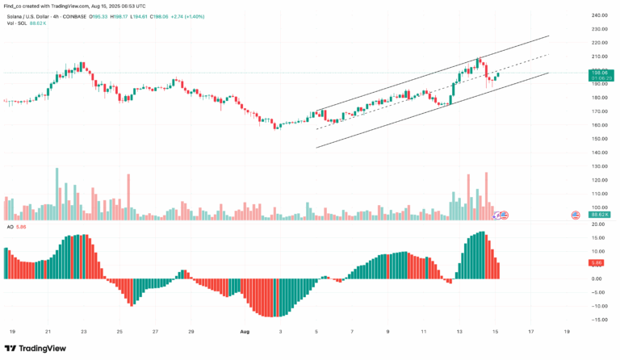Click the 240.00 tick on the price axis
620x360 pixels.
point(599,15)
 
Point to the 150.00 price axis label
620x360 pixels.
point(599,138)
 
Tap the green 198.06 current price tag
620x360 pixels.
point(599,73)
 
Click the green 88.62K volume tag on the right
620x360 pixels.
point(599,214)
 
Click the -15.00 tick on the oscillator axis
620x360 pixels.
point(599,320)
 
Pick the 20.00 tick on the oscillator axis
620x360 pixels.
point(599,224)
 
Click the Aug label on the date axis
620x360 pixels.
point(244,331)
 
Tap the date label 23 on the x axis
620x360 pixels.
point(83,331)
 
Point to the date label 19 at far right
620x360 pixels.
point(567,331)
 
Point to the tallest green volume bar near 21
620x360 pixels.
point(57,194)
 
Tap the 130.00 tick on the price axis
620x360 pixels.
point(599,165)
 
